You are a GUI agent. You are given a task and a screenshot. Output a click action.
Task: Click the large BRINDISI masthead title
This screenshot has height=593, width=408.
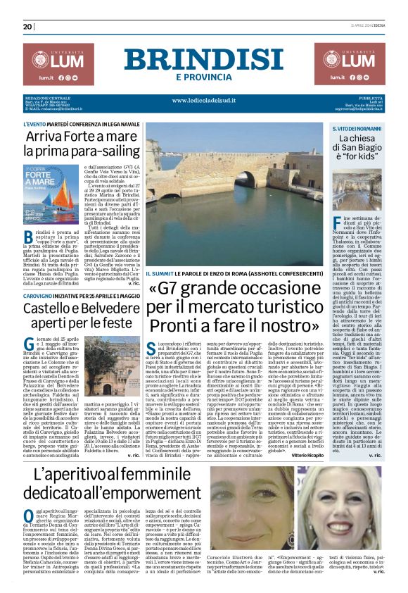203,59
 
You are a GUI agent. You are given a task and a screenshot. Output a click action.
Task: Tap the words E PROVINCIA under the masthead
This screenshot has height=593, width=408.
203,77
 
